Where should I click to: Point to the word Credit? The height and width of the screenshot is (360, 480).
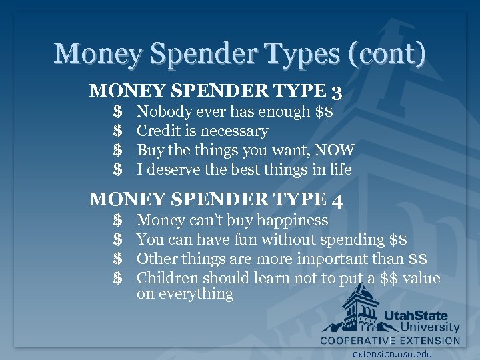[x=158, y=131]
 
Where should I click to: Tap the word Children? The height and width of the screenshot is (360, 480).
[x=167, y=278]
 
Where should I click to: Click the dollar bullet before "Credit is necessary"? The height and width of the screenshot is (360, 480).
[x=117, y=131]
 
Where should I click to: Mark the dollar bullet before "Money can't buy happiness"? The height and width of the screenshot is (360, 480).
[x=117, y=220]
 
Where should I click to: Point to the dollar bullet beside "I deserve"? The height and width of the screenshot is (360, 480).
[x=117, y=169]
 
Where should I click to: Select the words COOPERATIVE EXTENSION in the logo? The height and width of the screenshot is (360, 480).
[x=390, y=340]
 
